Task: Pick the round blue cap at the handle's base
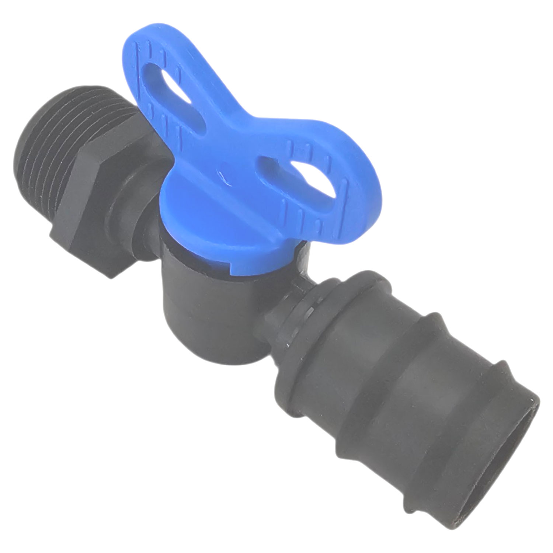(229, 218)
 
